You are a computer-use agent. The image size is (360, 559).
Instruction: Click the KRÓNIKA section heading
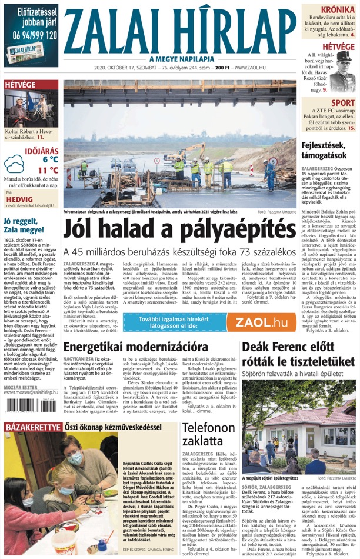338,10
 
